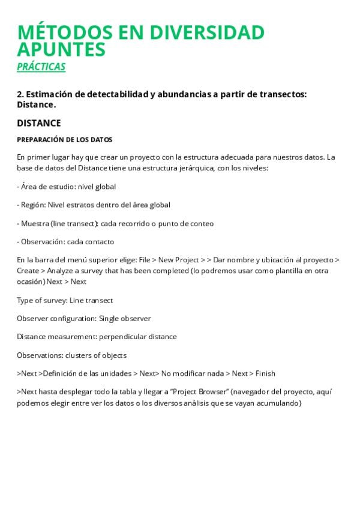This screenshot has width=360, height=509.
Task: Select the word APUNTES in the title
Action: [61, 49]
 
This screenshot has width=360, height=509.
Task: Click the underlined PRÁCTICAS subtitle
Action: [41, 67]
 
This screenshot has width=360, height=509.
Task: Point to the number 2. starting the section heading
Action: [20, 94]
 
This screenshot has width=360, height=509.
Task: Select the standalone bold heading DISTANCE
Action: [39, 123]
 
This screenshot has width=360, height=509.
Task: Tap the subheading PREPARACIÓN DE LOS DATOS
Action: [64, 140]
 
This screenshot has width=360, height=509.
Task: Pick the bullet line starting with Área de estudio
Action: [67, 187]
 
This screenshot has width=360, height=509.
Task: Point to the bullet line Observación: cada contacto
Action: [65, 242]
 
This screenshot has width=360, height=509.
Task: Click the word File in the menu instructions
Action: [144, 261]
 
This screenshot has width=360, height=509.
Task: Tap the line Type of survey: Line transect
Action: [65, 300]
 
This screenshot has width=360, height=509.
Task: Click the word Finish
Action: [265, 373]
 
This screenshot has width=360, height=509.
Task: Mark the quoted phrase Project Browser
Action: [201, 392]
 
